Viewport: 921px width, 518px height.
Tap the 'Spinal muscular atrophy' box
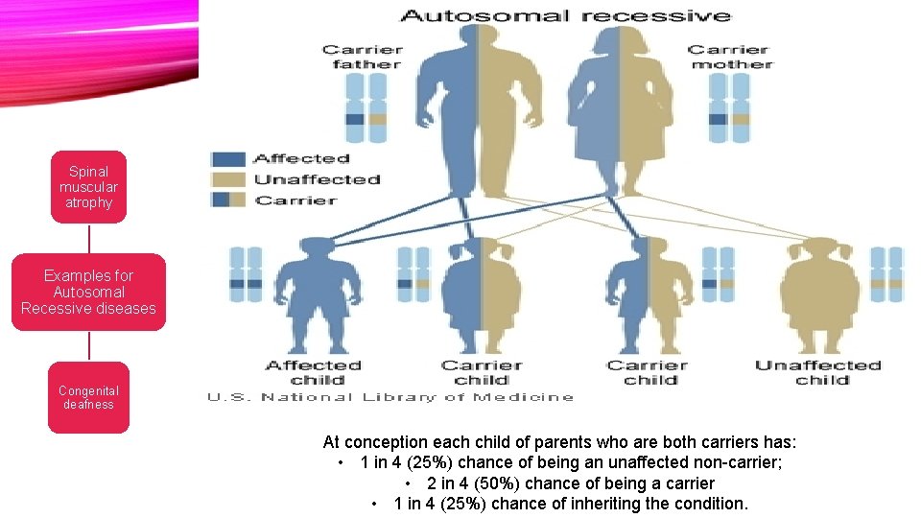coord(88,187)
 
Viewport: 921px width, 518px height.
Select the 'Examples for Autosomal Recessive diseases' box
coord(88,292)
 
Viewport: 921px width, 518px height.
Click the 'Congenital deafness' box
coord(88,397)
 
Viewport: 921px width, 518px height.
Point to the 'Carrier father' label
coord(362,57)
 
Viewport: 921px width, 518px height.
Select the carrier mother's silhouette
coord(620,106)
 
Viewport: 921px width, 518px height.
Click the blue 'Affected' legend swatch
coord(228,159)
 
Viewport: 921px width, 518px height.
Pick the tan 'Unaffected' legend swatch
coord(228,179)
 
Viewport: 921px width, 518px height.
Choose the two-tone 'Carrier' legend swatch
coord(228,200)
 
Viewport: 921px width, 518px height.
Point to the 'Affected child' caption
coord(313,372)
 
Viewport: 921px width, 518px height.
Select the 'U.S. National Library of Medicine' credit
coord(390,397)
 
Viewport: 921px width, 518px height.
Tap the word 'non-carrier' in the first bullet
coord(740,463)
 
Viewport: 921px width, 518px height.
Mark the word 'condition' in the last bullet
coord(708,504)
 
